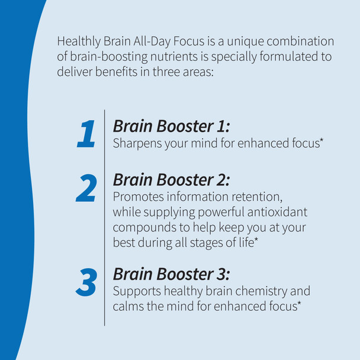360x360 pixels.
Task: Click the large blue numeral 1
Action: [x=86, y=133]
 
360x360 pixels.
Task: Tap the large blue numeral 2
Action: [x=86, y=189]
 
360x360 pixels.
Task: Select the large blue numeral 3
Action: [x=86, y=282]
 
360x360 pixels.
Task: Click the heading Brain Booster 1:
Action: [x=171, y=126]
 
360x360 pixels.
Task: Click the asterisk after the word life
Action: [x=256, y=240]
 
